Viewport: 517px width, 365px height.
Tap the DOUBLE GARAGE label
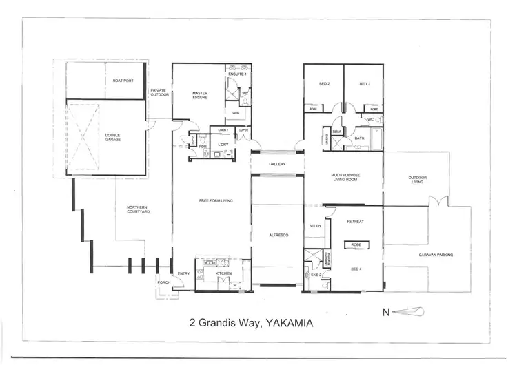[x=113, y=138]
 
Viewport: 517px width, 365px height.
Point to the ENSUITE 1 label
[x=239, y=74]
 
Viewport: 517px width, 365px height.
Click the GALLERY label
[x=277, y=164]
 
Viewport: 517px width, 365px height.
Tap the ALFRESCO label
[x=277, y=236]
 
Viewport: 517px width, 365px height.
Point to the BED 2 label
[x=324, y=84]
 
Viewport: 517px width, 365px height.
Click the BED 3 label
[x=365, y=84]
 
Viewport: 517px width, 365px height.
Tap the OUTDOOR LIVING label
[x=418, y=180]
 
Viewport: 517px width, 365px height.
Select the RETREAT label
[x=355, y=222]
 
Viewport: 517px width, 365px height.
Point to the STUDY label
[x=316, y=225]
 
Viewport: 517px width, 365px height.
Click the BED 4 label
[x=356, y=269]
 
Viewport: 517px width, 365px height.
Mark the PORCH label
[x=163, y=282]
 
